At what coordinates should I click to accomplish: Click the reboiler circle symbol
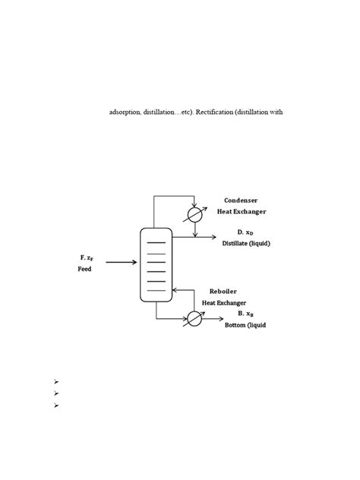coord(195,318)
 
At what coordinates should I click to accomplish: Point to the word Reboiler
coord(224,292)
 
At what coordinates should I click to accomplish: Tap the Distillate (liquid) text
coord(246,243)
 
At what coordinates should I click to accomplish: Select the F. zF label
coord(81,257)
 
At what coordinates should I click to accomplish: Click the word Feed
coord(84,270)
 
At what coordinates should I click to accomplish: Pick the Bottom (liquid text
coord(245,325)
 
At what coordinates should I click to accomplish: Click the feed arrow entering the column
coord(122,262)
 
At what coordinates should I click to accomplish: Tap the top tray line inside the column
coord(156,242)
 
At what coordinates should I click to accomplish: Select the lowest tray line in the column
coord(156,291)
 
